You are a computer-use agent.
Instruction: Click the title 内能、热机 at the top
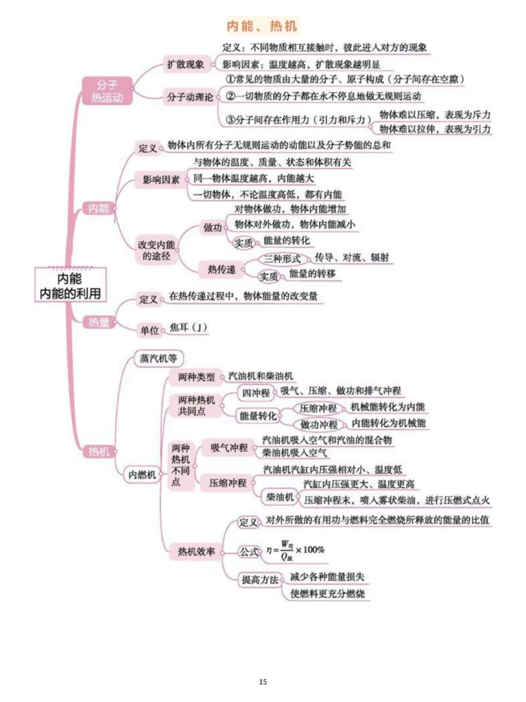point(262,26)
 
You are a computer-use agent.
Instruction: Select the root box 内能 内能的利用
point(70,285)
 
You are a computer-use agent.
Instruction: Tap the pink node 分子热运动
point(107,91)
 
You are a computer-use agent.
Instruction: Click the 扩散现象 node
point(186,65)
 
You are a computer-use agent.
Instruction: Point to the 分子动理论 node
point(190,97)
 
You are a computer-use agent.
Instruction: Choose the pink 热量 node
point(99,322)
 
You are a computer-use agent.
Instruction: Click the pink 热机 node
point(99,451)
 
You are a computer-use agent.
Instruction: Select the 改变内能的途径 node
point(156,251)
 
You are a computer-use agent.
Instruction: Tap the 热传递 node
point(221,270)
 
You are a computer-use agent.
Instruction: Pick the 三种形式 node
point(282,259)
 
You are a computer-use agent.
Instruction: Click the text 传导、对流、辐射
point(351,257)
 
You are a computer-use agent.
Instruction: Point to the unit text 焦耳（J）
point(188,328)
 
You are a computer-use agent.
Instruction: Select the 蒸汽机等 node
point(158,358)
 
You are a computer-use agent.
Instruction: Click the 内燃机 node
point(142,474)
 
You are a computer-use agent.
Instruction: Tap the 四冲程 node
point(256,393)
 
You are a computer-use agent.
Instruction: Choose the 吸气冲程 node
point(229,448)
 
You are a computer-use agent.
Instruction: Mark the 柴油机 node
point(279,497)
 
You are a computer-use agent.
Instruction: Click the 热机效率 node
point(196,552)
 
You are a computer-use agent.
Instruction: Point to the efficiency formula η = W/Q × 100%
point(295,551)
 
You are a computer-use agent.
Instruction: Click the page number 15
point(263,682)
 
